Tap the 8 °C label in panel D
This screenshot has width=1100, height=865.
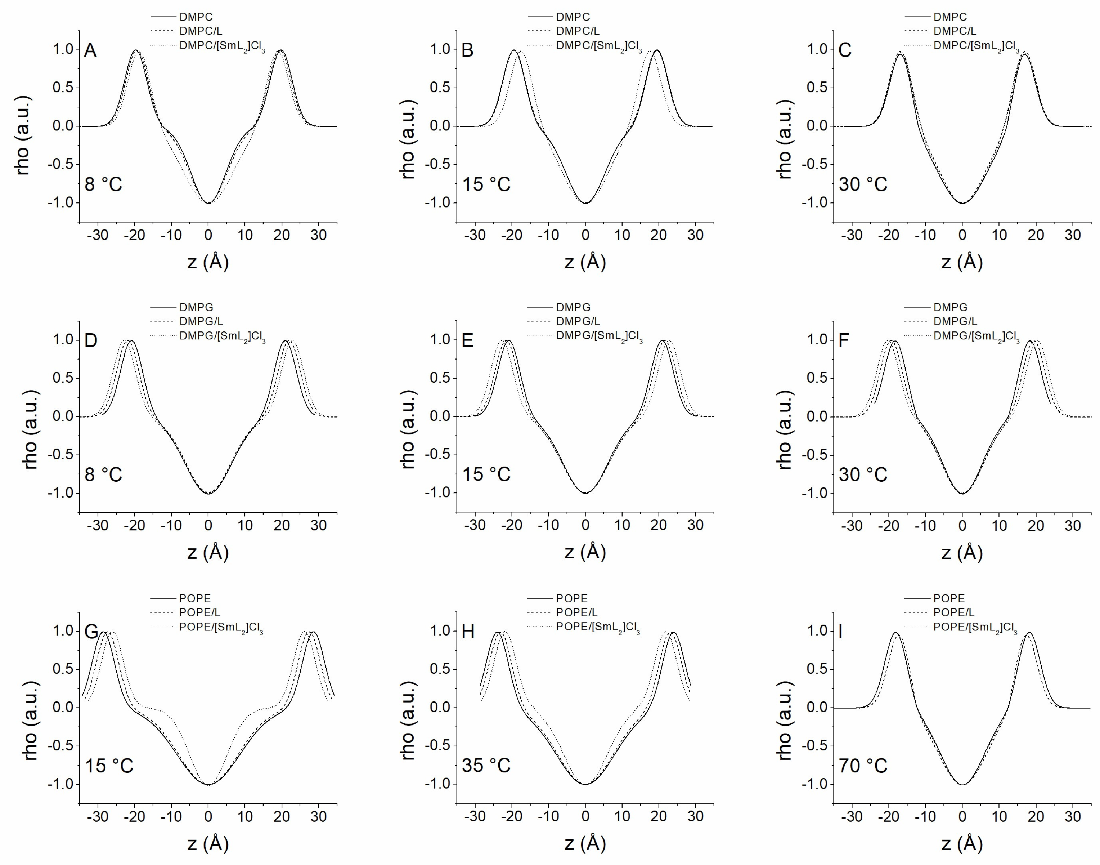point(103,474)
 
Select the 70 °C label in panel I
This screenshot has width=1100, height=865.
point(863,765)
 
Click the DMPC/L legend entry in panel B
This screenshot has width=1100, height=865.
point(578,31)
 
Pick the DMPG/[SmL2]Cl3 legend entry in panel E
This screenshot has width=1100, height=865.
point(599,336)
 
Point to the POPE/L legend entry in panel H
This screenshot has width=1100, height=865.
point(576,612)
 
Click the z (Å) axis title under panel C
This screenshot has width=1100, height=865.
point(962,262)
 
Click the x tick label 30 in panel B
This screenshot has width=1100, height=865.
point(696,235)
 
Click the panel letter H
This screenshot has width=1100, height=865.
point(468,632)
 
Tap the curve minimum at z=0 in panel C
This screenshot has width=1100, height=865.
point(962,202)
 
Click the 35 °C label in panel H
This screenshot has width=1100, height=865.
point(486,765)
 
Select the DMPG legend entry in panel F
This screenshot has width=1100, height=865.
point(950,307)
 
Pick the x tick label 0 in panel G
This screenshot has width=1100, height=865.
point(208,816)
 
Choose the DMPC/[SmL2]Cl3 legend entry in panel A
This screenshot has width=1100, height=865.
point(222,46)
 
